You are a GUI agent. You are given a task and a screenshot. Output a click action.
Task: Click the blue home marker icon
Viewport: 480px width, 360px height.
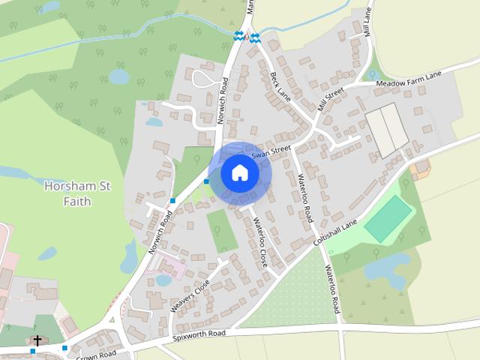(x=239, y=173)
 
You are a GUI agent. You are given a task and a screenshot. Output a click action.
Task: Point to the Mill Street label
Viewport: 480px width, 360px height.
(x=330, y=99)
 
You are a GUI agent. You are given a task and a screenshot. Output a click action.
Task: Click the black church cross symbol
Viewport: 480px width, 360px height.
(x=37, y=340)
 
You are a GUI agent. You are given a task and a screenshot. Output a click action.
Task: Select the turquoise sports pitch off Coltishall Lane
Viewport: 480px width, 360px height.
(x=388, y=218)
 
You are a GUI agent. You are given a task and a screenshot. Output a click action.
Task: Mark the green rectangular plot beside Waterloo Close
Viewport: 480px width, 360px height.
(x=221, y=231)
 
